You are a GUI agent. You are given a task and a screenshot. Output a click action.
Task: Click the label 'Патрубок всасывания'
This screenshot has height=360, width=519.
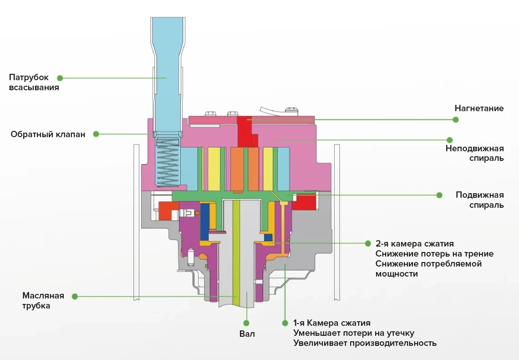pos(34,82)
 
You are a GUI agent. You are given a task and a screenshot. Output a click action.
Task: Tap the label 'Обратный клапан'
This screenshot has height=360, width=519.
pos(48,134)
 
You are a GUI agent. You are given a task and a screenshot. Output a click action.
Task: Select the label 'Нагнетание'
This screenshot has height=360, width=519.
pos(479,108)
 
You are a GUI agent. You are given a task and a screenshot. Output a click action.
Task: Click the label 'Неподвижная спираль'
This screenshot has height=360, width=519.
pos(474,153)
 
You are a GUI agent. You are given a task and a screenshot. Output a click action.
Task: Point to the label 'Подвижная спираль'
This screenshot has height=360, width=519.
pos(480,200)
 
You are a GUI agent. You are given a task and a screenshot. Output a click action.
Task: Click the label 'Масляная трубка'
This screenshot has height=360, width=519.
pos(43,301)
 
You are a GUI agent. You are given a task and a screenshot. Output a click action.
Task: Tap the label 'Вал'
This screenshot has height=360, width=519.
pos(247,334)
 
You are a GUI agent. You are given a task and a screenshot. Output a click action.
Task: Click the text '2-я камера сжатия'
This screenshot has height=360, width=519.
pos(414,244)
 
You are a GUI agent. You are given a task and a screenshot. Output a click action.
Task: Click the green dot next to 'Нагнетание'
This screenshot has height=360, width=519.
pos(455,119)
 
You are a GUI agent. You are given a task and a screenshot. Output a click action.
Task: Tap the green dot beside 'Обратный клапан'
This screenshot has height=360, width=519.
pos(96,134)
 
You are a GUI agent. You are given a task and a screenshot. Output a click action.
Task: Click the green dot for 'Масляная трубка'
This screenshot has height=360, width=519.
pos(75,296)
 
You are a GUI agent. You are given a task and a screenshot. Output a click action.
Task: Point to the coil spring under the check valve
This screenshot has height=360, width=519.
pos(167,162)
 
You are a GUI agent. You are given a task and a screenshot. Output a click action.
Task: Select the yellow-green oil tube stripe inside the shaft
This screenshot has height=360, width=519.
pos(236,251)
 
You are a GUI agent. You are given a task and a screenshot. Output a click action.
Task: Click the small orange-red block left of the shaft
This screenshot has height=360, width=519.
pos(168,210)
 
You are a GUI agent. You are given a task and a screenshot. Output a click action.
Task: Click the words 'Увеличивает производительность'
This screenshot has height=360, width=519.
pos(365,343)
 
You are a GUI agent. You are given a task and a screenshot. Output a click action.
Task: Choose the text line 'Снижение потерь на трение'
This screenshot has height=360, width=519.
pos(434,254)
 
